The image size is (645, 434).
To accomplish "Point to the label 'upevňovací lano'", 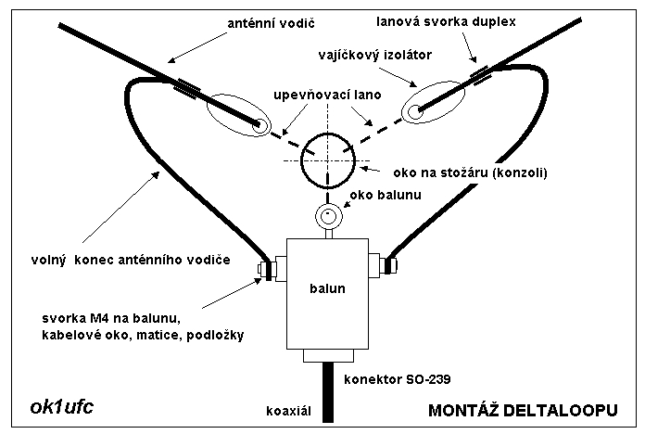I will click(327, 96).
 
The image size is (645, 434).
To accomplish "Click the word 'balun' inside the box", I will click(328, 288).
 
